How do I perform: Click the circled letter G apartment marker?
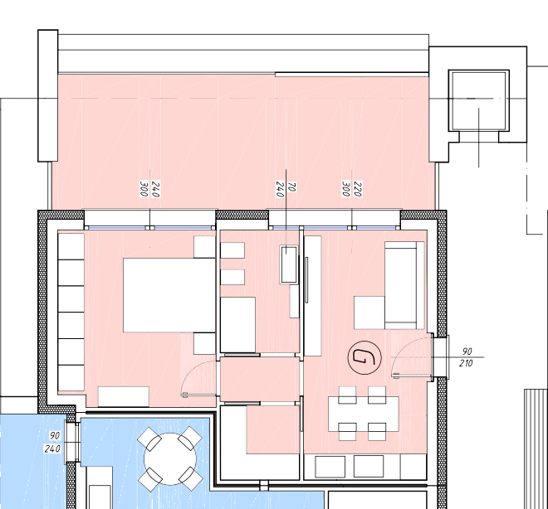[x=365, y=357]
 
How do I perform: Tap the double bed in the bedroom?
[x=169, y=295]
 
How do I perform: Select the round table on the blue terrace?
[x=170, y=459]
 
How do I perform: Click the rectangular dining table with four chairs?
[x=363, y=414]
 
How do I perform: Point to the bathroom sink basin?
[x=289, y=264]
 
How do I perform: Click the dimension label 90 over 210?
[x=467, y=357]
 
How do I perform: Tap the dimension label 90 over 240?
[x=53, y=442]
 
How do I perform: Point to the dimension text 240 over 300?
[x=150, y=189]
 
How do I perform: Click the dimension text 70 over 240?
[x=286, y=189]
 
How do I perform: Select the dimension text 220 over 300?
[x=352, y=189]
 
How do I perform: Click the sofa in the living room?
[x=404, y=285]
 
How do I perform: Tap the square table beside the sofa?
[x=369, y=313]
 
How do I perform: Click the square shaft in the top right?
[x=479, y=100]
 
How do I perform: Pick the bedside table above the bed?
[x=204, y=247]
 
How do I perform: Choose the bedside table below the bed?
[x=204, y=344]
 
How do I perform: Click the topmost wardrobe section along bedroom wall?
[x=71, y=246]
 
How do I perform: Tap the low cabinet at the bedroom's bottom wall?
[x=124, y=396]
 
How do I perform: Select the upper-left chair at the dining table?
[x=347, y=395]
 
